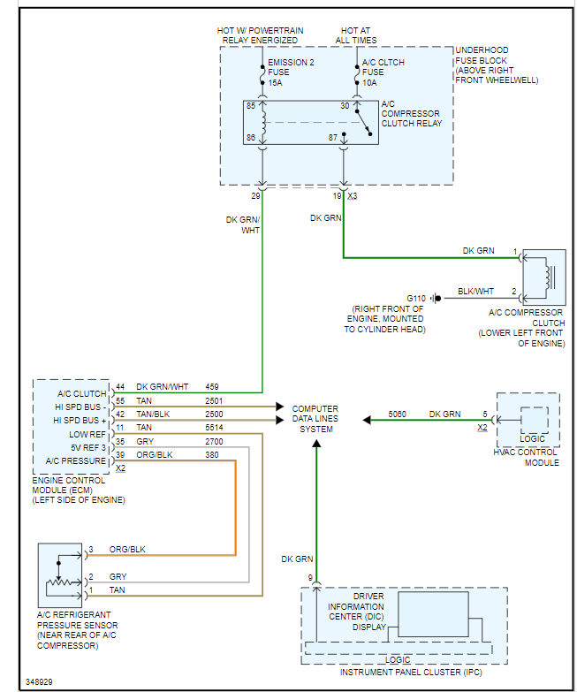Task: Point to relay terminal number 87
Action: tap(333, 137)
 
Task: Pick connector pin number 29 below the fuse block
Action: tap(254, 195)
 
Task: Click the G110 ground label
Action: tap(415, 297)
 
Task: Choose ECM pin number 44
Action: tap(120, 386)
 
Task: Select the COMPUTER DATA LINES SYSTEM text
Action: tap(315, 419)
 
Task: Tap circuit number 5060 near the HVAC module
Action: tap(399, 413)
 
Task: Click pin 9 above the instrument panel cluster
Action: tap(310, 578)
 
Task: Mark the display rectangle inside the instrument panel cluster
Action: tap(433, 613)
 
